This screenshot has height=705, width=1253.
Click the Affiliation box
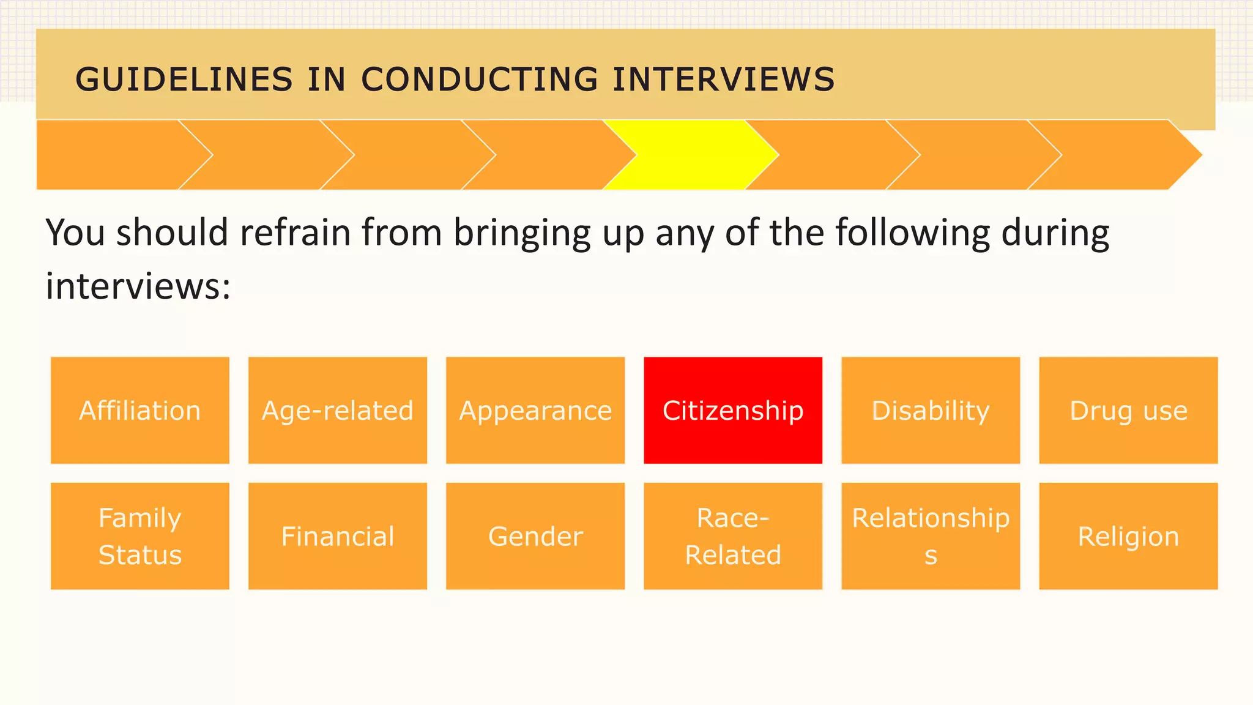pyautogui.click(x=140, y=410)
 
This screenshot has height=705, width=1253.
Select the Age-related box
pyautogui.click(x=338, y=410)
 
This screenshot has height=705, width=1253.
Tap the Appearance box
pyautogui.click(x=535, y=410)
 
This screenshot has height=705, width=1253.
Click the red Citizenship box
pyautogui.click(x=733, y=410)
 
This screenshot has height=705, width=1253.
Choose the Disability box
pyautogui.click(x=931, y=410)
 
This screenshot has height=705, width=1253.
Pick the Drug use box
pyautogui.click(x=1128, y=410)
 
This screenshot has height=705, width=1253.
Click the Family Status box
pyautogui.click(x=140, y=536)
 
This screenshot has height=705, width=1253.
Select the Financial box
pyautogui.click(x=338, y=536)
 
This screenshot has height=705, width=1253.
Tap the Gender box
pyautogui.click(x=535, y=536)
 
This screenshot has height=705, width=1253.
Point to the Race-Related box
pyautogui.click(x=733, y=536)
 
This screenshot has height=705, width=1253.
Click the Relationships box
pyautogui.click(x=931, y=536)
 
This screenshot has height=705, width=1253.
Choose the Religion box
pyautogui.click(x=1128, y=536)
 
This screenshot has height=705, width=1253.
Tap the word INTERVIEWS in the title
pyautogui.click(x=724, y=80)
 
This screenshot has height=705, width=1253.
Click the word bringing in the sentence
pyautogui.click(x=522, y=234)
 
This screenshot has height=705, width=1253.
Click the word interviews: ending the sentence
pyautogui.click(x=138, y=286)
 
